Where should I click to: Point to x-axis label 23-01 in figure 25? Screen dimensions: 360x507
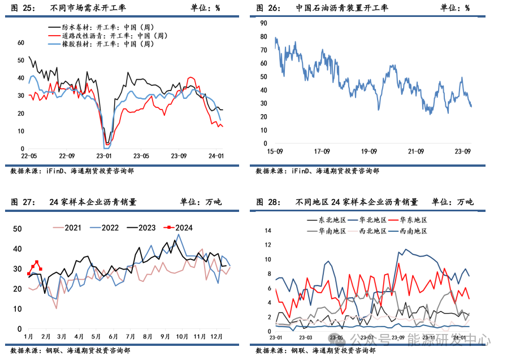coord(104,156)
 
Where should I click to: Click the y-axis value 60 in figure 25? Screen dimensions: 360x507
coord(21,42)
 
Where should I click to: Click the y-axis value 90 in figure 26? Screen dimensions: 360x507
coord(263,23)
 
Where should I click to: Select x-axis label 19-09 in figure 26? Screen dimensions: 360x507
coord(369,151)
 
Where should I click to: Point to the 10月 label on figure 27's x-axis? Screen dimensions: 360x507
coord(182,336)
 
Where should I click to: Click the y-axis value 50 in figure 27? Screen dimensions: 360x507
coord(18,229)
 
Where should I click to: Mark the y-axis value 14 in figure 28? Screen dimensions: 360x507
coord(268,231)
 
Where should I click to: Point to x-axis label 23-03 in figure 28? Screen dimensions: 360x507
coord(306,338)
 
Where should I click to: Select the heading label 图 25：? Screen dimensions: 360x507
coord(23,8)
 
